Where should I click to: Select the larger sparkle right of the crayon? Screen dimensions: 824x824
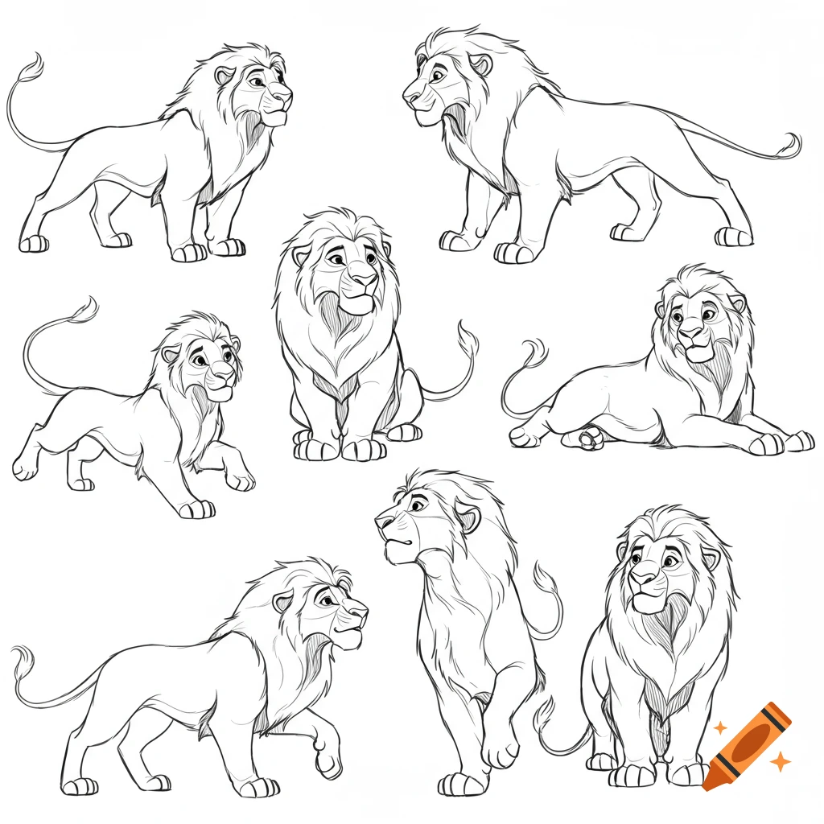point(779,760)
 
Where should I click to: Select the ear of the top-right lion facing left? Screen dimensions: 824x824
point(481,65)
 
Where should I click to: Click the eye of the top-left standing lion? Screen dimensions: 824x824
point(256,81)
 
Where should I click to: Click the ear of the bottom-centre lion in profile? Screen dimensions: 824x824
point(468,517)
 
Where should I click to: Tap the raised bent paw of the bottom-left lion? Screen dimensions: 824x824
point(328,760)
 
